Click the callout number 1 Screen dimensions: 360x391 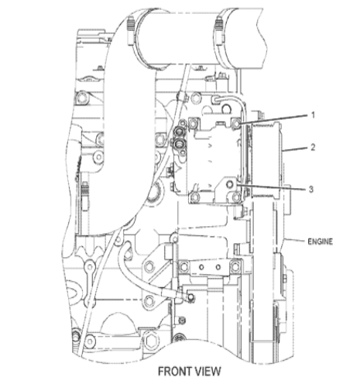[x=313, y=115]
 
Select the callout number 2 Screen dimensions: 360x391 [x=313, y=147]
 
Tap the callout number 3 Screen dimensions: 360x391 [x=311, y=189]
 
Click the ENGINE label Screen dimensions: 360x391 [x=320, y=242]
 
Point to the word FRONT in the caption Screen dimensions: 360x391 [x=175, y=372]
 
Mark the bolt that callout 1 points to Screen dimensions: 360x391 [x=236, y=124]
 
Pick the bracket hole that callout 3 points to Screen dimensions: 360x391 [x=230, y=184]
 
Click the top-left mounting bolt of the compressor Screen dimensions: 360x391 [x=194, y=124]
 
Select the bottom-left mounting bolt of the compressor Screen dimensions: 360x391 [x=194, y=197]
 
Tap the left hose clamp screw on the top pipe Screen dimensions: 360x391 [x=131, y=29]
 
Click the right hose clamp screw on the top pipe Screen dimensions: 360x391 [x=220, y=29]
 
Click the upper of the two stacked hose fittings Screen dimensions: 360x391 [x=179, y=132]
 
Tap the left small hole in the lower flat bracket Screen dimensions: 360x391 [x=202, y=267]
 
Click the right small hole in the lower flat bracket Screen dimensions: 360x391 [x=218, y=267]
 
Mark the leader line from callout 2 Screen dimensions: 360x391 [x=294, y=149]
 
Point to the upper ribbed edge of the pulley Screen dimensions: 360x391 [x=266, y=125]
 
